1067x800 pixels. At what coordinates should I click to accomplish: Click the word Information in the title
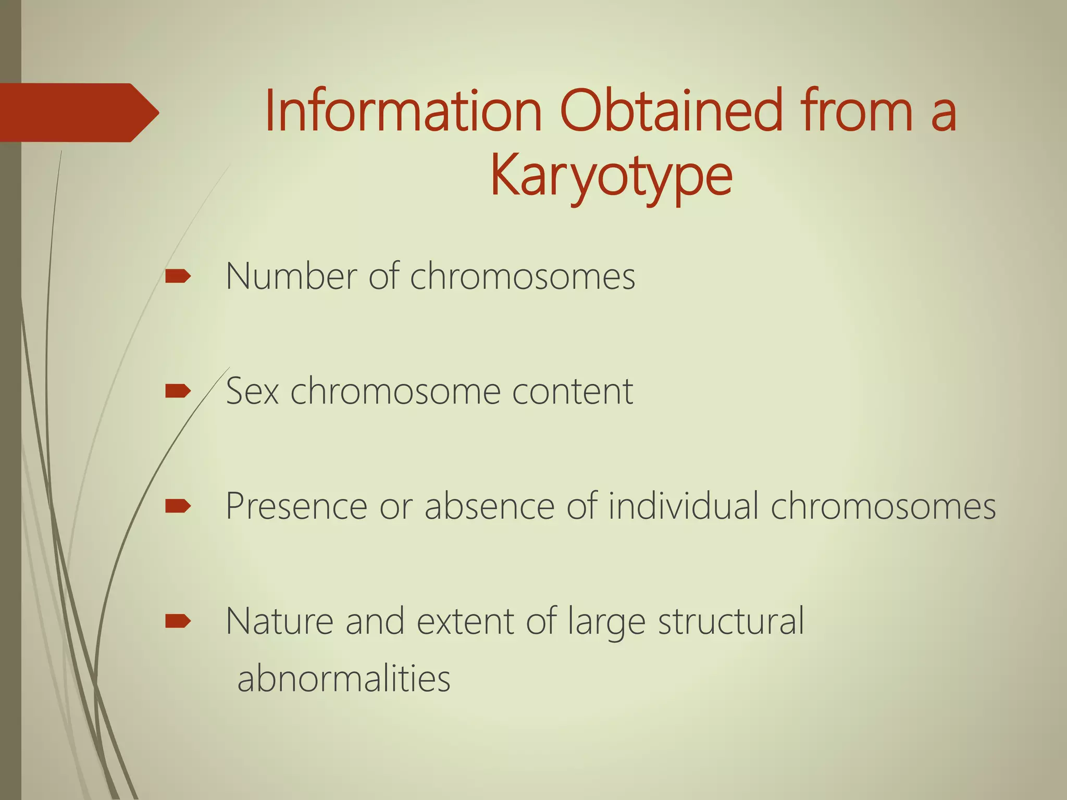pyautogui.click(x=404, y=111)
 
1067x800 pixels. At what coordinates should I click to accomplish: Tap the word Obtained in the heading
pyautogui.click(x=672, y=111)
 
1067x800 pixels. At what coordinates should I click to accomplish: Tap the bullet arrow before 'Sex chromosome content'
pyautogui.click(x=177, y=391)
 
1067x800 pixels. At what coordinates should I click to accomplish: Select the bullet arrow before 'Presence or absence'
pyautogui.click(x=177, y=506)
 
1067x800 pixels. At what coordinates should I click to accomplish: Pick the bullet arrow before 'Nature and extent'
pyautogui.click(x=177, y=621)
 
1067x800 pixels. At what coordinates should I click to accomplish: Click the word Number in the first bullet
pyautogui.click(x=291, y=276)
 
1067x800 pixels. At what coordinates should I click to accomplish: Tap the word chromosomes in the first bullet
pyautogui.click(x=523, y=276)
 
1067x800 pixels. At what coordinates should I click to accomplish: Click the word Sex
pyautogui.click(x=252, y=391)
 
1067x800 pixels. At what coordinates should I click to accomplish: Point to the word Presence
pyautogui.click(x=296, y=506)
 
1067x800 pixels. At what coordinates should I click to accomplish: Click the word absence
pyautogui.click(x=489, y=506)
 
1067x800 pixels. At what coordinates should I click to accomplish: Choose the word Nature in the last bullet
pyautogui.click(x=279, y=621)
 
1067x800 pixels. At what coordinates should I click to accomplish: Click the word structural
pyautogui.click(x=731, y=621)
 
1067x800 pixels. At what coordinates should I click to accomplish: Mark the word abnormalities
pyautogui.click(x=344, y=679)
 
